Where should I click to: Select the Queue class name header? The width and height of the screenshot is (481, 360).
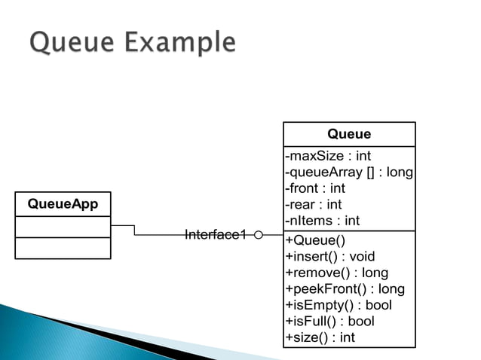348,134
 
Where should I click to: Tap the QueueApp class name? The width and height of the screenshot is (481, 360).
63,204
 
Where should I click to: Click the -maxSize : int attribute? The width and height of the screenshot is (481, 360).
328,157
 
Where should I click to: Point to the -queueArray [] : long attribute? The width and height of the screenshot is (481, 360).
349,172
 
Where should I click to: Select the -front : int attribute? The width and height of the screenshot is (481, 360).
315,188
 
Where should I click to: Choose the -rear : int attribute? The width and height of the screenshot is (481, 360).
314,204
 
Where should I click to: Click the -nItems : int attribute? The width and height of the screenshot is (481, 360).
323,221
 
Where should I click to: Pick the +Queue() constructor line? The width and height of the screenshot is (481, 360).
315,241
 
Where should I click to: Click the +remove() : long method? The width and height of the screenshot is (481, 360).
337,273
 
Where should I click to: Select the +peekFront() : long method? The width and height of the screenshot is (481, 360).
345,288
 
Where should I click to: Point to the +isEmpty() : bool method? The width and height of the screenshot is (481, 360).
339,305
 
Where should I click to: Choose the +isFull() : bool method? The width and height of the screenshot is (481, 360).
329,321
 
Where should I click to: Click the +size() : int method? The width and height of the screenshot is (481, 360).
320,337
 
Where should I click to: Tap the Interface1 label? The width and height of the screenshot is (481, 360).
216,235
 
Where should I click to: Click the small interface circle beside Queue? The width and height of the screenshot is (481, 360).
259,235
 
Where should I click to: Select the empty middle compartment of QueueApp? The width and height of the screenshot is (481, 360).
63,227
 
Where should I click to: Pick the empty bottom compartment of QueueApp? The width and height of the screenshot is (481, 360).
63,248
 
